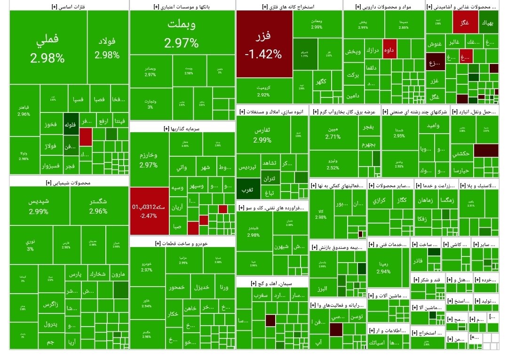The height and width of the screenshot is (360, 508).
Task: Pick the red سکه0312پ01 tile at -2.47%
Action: tap(149, 210)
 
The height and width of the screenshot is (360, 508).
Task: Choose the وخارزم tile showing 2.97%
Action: tap(149, 160)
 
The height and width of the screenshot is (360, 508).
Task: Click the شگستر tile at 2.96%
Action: tap(98, 206)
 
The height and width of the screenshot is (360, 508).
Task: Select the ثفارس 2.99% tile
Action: tap(262, 134)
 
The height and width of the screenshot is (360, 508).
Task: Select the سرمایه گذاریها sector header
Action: tap(182, 128)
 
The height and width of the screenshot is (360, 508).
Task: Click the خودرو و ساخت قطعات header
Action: tap(182, 243)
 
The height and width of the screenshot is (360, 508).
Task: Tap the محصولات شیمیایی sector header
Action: tap(69, 182)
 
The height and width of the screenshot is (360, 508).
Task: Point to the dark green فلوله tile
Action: tap(70, 125)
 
